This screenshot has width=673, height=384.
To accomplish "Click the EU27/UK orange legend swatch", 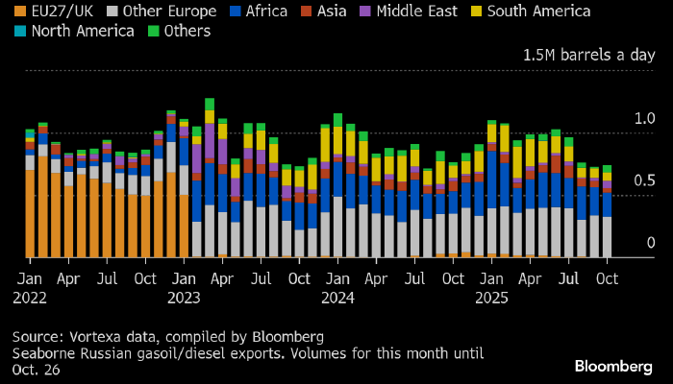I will click(x=20, y=12).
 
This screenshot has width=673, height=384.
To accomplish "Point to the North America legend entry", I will click(x=82, y=31).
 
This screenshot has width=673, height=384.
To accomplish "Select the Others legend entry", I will click(x=187, y=31).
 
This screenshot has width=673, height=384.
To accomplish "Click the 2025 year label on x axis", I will click(x=492, y=297).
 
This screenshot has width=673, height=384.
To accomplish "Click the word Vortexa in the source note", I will click(x=99, y=337).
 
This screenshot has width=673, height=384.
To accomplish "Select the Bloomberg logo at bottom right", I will click(x=612, y=366).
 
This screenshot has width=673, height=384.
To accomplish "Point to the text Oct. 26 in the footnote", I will click(x=36, y=370).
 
